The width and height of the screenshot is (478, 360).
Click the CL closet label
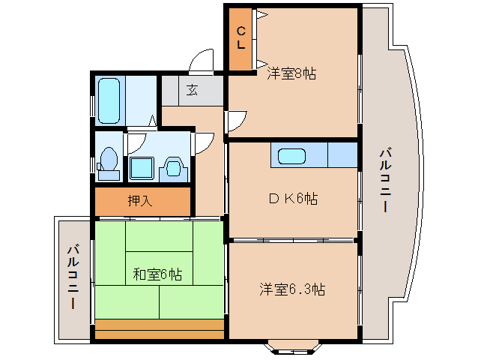[x=241, y=37]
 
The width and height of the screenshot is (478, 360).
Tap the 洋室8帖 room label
[x=291, y=73]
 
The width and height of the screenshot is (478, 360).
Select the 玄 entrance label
[x=192, y=90]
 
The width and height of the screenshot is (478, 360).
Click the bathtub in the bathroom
[x=109, y=101]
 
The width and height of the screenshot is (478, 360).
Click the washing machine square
[x=141, y=169]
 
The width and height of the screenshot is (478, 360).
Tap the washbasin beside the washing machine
[x=173, y=168]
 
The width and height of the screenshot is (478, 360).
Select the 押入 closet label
[x=139, y=201]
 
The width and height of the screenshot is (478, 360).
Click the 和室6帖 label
[x=157, y=274]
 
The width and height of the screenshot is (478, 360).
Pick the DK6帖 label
[x=293, y=199]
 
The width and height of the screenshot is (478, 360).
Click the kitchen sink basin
[x=291, y=156]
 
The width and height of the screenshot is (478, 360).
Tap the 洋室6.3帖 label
[x=292, y=289]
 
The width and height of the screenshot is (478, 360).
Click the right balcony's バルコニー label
[x=386, y=180]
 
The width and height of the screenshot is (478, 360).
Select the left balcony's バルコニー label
[x=73, y=277]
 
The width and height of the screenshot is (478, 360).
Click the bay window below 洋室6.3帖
[x=293, y=347]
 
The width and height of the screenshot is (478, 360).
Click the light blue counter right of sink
[x=342, y=154]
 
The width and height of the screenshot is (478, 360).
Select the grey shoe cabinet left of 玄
[x=170, y=91]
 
